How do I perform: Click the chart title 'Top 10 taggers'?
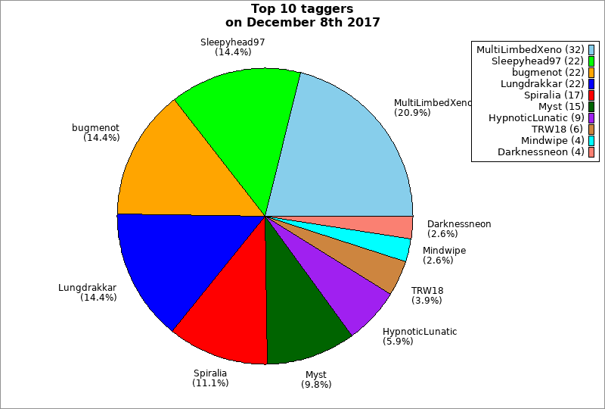[x=302, y=9]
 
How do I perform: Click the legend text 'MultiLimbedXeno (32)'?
[x=530, y=50]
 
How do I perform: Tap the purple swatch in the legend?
[x=591, y=118]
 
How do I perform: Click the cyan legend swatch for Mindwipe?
[x=591, y=141]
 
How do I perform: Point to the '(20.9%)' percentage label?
[x=412, y=113]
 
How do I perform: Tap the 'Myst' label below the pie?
[x=316, y=375]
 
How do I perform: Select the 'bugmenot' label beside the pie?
[x=95, y=128]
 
